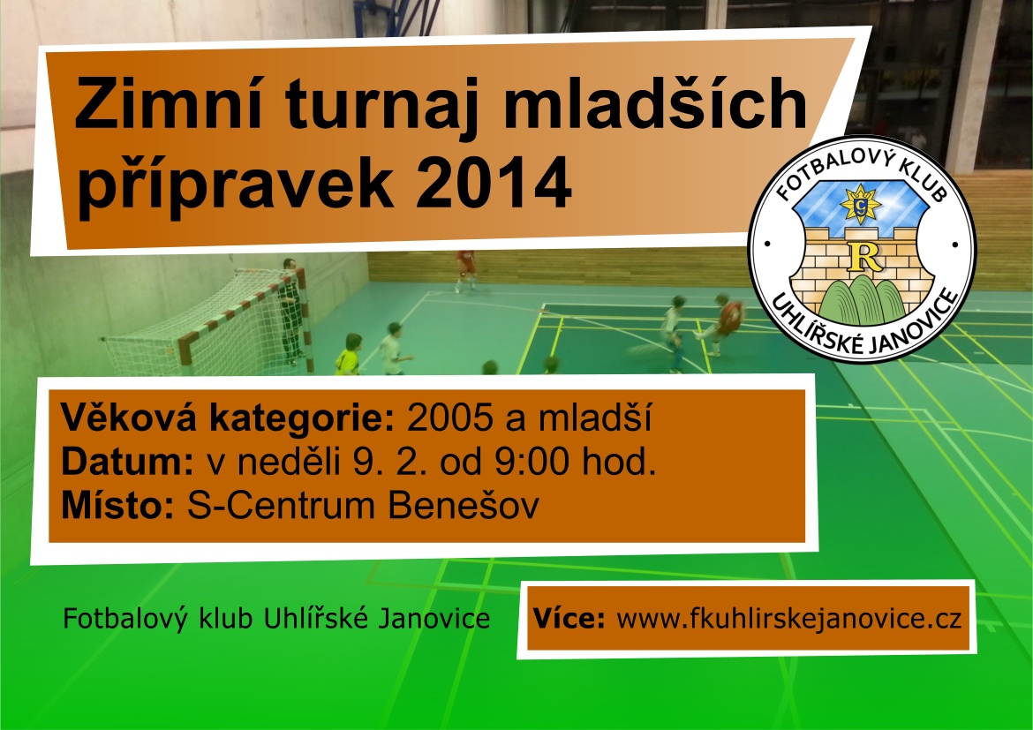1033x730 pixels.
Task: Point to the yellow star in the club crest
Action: [x=861, y=205]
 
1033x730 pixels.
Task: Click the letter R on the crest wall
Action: [x=864, y=258]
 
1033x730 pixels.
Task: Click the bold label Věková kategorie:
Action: [x=227, y=417]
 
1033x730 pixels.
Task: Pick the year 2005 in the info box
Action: [x=450, y=417]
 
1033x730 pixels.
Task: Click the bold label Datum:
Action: [x=127, y=461]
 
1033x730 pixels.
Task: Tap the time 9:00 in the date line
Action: [x=532, y=461]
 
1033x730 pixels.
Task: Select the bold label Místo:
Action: [x=117, y=505]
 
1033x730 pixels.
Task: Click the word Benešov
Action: [x=464, y=505]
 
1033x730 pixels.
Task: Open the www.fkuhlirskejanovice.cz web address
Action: [x=788, y=619]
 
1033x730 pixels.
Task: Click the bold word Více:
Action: [x=569, y=618]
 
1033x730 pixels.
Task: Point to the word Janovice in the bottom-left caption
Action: [x=434, y=618]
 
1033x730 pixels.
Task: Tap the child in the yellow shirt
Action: [x=348, y=355]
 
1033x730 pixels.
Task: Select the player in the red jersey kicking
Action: [x=723, y=323]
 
